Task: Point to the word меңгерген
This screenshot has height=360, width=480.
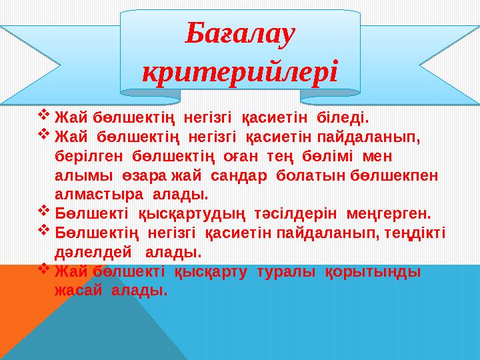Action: tap(389, 215)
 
